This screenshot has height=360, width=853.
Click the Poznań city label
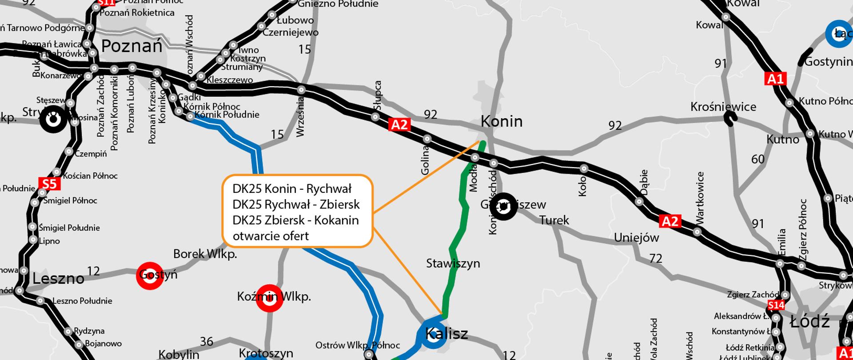coord(132,46)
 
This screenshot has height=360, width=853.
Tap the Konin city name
coord(502,121)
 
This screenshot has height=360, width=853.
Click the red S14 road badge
coord(776,305)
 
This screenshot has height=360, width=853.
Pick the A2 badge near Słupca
coord(399,124)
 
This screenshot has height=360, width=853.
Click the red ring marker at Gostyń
coord(150,276)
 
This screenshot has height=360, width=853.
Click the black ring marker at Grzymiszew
coord(503,206)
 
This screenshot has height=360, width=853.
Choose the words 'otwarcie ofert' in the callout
coord(271,236)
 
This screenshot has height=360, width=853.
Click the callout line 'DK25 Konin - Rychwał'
coord(292,189)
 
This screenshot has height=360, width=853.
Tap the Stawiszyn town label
coord(453,264)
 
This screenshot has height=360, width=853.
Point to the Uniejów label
coord(636,238)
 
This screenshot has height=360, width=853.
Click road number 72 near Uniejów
coord(656,258)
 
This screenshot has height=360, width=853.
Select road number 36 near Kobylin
coord(207,341)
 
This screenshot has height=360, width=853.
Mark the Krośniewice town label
coord(723,107)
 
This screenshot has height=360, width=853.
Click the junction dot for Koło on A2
coord(584,168)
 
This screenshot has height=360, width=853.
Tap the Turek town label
coord(554,220)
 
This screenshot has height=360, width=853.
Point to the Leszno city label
coord(58,279)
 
